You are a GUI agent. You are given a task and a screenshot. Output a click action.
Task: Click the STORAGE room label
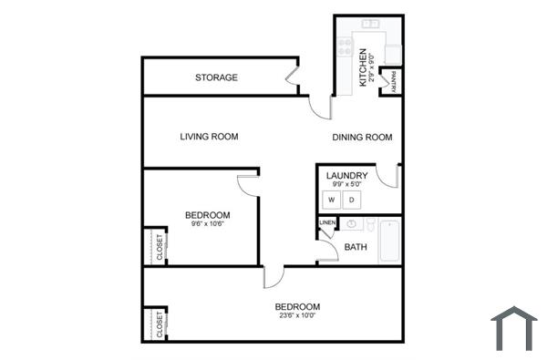(x=216, y=77)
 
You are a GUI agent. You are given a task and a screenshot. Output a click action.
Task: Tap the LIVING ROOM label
(x=209, y=137)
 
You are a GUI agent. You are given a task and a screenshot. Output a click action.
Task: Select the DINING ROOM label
(x=362, y=138)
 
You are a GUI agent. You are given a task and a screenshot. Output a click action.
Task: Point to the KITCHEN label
(x=363, y=67)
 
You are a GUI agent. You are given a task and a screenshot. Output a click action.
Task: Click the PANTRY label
(x=393, y=81)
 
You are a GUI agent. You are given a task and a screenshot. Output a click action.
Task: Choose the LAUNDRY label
(x=346, y=176)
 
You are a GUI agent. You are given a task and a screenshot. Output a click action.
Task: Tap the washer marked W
(x=333, y=199)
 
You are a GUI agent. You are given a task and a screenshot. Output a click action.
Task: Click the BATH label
(x=356, y=247)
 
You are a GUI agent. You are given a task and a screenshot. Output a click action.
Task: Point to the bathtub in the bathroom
(x=389, y=239)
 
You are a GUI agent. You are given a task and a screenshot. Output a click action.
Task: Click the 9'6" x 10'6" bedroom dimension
(x=207, y=224)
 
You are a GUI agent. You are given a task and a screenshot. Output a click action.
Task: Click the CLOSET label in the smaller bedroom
(x=160, y=247)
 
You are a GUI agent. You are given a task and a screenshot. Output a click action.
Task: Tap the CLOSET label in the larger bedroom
(x=160, y=324)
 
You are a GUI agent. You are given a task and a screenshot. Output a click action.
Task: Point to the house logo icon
(x=514, y=327)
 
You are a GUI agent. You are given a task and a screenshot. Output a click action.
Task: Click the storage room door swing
(x=294, y=77)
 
